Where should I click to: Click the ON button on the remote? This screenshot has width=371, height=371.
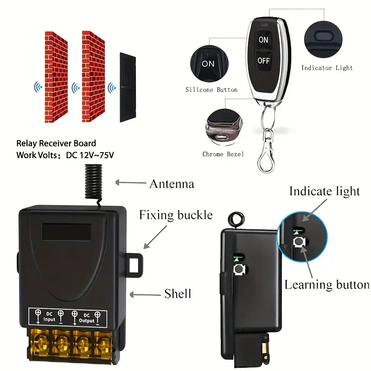[263, 40]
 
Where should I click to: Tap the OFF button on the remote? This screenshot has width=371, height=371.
[263, 61]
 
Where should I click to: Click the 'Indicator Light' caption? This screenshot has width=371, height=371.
[327, 68]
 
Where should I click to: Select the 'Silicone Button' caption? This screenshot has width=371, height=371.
[211, 90]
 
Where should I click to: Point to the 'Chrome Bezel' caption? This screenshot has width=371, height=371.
[223, 154]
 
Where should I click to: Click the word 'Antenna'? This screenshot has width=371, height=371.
[172, 184]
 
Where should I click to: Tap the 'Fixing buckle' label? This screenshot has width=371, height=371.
[176, 215]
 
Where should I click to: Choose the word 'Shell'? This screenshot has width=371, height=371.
[178, 294]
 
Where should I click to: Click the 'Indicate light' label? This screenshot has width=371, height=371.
[325, 192]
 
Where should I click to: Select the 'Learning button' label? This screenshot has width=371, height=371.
[327, 285]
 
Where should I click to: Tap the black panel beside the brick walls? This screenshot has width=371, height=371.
[128, 87]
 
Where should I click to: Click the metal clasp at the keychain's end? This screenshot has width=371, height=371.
[267, 155]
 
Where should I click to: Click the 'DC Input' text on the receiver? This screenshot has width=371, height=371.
[49, 317]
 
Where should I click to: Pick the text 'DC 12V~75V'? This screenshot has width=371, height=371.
[90, 155]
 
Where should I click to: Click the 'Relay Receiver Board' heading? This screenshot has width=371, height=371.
[56, 143]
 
